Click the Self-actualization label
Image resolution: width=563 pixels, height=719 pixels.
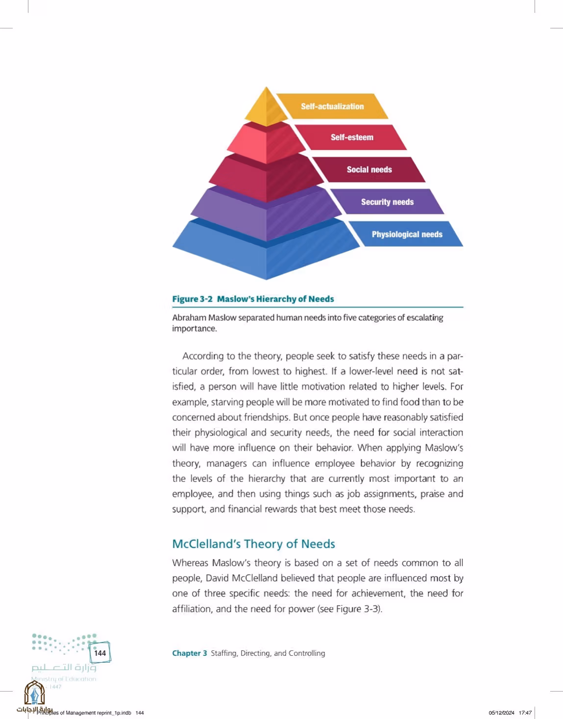click(x=332, y=106)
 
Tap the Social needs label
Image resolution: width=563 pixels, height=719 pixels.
click(x=369, y=169)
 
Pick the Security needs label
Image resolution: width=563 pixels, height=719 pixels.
click(x=388, y=202)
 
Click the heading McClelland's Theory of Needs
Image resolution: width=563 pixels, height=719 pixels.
click(x=253, y=544)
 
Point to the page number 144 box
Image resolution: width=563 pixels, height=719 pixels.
click(x=100, y=653)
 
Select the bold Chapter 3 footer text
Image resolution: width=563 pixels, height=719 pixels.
click(x=189, y=653)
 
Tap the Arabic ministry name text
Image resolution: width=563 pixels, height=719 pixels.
click(x=64, y=668)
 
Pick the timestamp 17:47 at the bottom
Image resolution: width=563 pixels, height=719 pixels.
click(x=525, y=713)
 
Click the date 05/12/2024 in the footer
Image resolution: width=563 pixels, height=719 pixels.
click(x=501, y=713)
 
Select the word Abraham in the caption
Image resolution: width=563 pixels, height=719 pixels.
click(x=189, y=318)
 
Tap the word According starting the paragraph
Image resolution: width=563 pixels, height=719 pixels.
click(x=203, y=357)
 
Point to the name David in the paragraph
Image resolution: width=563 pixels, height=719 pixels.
click(x=218, y=578)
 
